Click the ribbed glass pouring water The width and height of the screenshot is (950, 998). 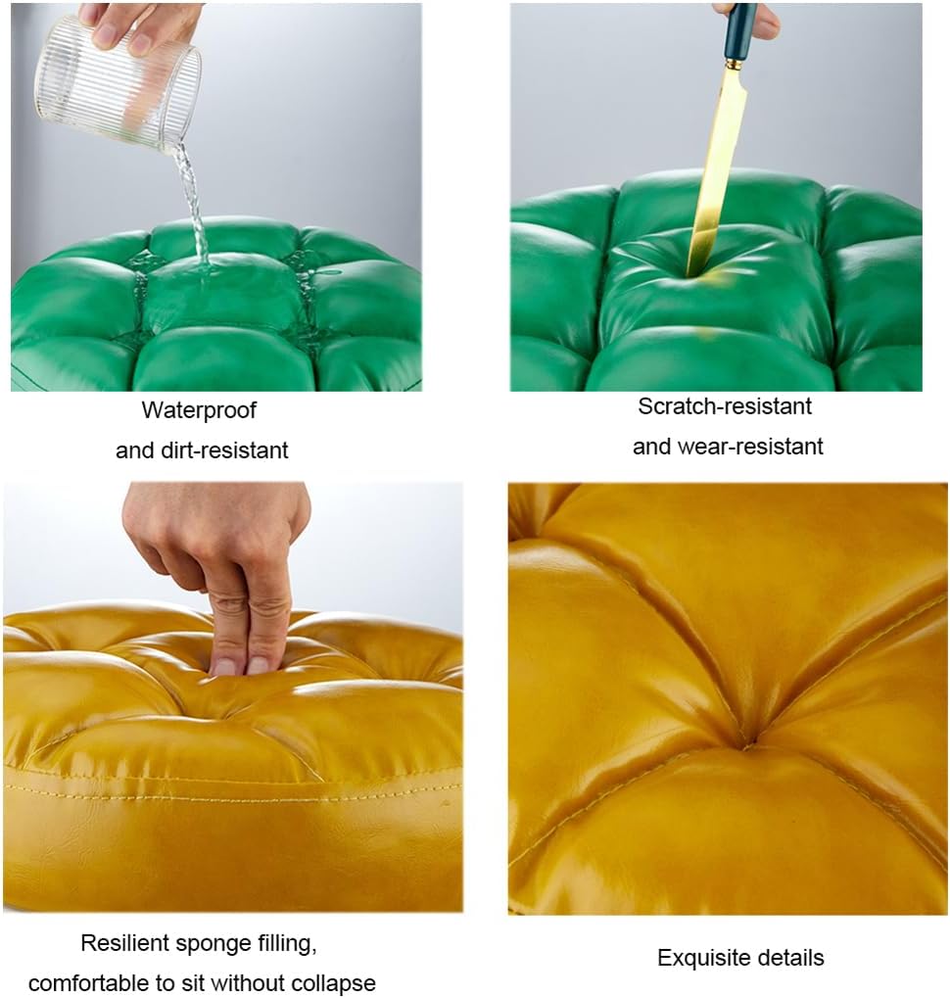[x=118, y=82]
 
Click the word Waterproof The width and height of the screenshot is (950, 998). [x=199, y=411]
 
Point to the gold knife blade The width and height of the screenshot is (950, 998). [x=715, y=170]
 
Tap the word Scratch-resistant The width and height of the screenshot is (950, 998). [x=725, y=406]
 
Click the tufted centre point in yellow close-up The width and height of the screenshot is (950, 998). [x=748, y=741]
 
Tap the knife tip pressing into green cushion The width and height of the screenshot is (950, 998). [x=689, y=272]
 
